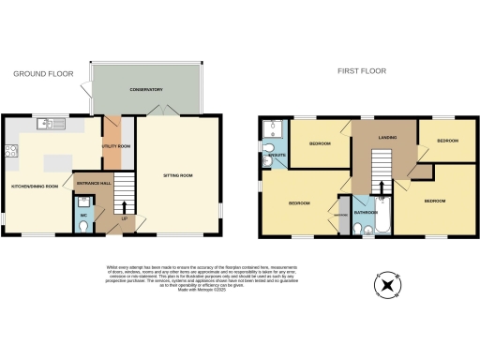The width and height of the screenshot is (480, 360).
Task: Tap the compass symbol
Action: click(385, 283)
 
